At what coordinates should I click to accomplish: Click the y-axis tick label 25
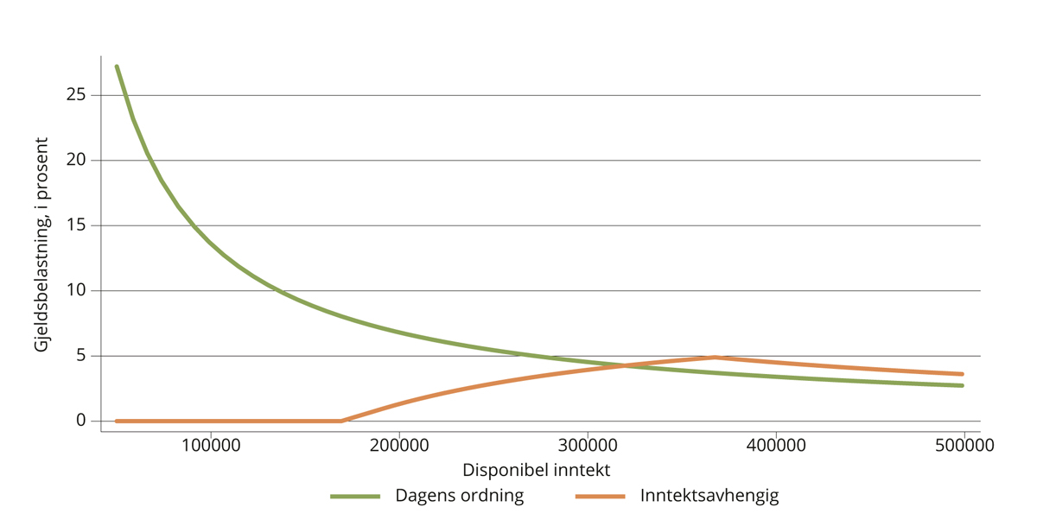point(76,94)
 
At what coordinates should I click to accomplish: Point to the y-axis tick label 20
point(76,160)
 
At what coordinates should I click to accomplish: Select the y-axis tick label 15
point(76,225)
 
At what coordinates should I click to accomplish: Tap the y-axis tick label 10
point(76,290)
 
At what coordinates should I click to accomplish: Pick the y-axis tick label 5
point(81,356)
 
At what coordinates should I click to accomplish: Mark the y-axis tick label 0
point(81,421)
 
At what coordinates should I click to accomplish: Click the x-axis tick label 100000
point(210,446)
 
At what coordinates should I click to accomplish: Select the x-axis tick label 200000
point(398,446)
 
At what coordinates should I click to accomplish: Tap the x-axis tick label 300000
point(588,446)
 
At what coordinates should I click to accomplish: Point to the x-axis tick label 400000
point(776,446)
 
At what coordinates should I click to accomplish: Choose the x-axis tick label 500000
point(964,446)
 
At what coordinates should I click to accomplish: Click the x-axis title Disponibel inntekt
point(536,471)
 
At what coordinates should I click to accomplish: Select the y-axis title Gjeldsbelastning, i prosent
point(41,244)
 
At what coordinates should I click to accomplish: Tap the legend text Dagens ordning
point(459,496)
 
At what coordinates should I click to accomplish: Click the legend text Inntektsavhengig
point(709,496)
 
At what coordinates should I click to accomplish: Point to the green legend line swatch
point(355,497)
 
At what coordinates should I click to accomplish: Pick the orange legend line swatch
point(600,497)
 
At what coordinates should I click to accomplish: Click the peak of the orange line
point(715,357)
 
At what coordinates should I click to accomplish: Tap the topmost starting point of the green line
point(117,67)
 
